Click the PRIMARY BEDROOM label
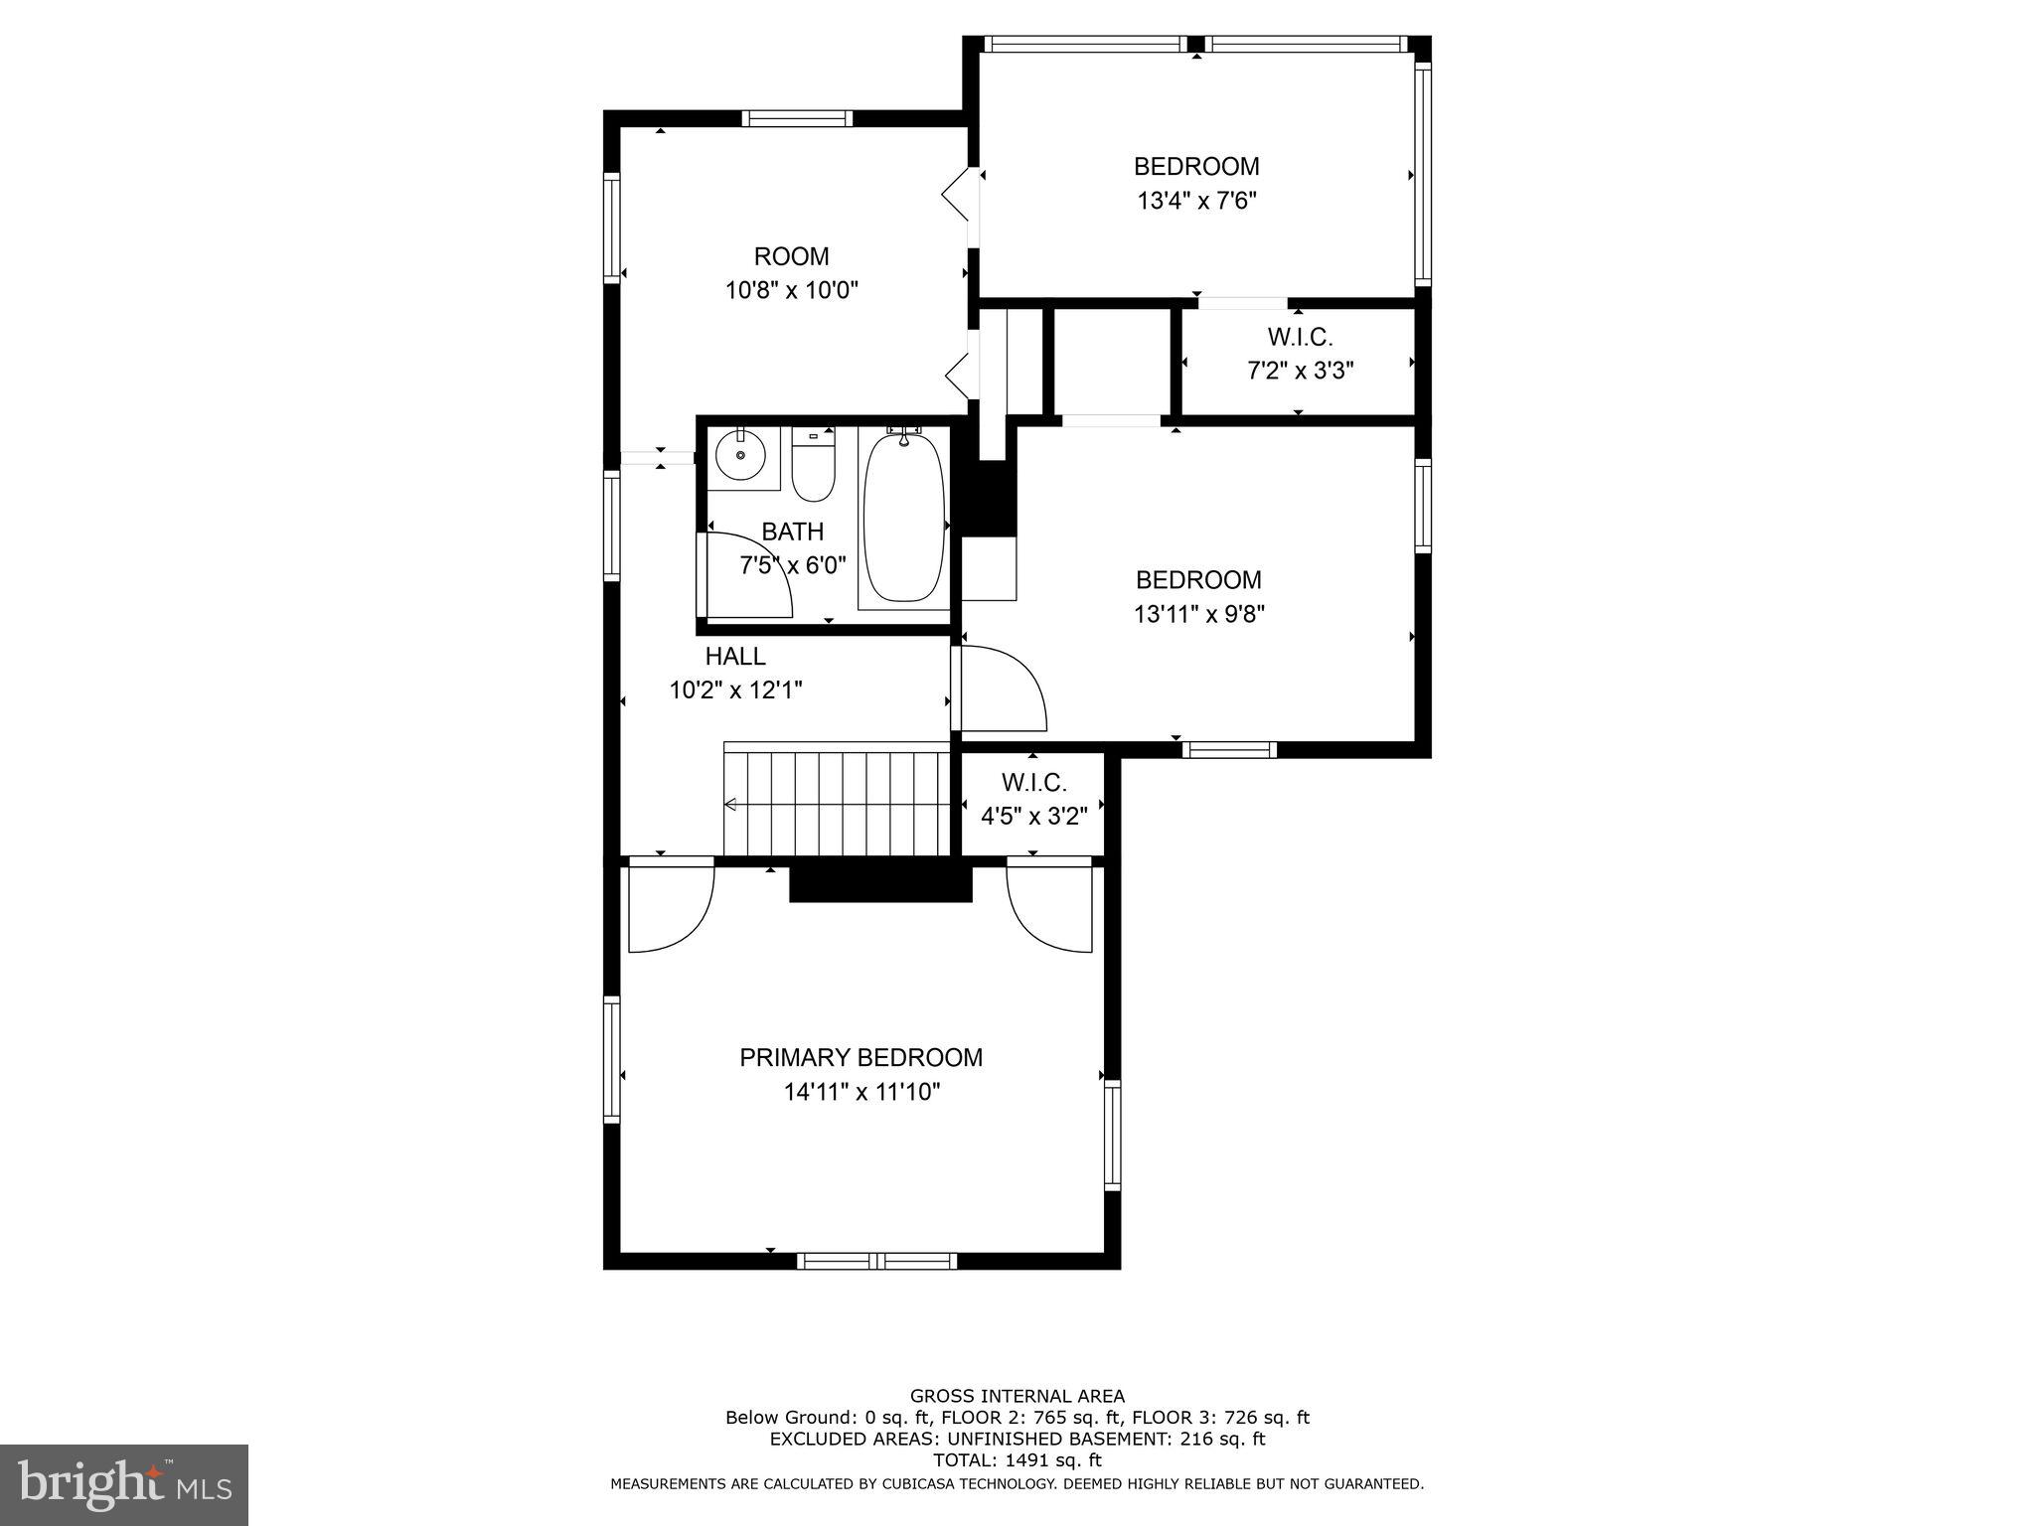tap(861, 1058)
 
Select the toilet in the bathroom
tap(814, 468)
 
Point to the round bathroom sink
tap(741, 458)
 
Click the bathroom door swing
tap(747, 576)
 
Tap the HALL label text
tap(735, 657)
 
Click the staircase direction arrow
tap(731, 805)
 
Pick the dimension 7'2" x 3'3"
tap(1300, 372)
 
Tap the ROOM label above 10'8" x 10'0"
tap(791, 257)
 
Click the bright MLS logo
tap(123, 1484)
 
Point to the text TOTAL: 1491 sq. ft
tap(1017, 1460)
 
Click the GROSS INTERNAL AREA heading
tap(1017, 1396)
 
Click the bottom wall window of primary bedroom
tap(876, 1261)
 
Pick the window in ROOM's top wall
tap(797, 118)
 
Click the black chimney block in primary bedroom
tap(880, 883)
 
